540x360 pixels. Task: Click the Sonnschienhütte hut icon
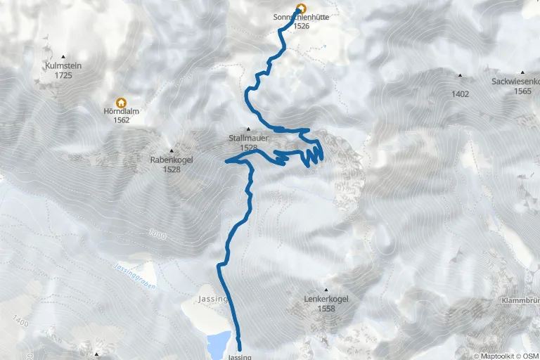coord(301,8)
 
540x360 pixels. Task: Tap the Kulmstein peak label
coord(63,65)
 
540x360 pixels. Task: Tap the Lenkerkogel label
coord(326,299)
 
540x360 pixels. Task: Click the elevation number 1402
coord(461,93)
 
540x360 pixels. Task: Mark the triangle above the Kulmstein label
coord(63,57)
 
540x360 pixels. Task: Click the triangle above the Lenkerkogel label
coord(326,290)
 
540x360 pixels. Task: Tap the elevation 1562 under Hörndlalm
coord(121,120)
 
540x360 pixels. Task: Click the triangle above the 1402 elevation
coord(461,75)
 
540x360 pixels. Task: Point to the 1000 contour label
coord(158,233)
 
